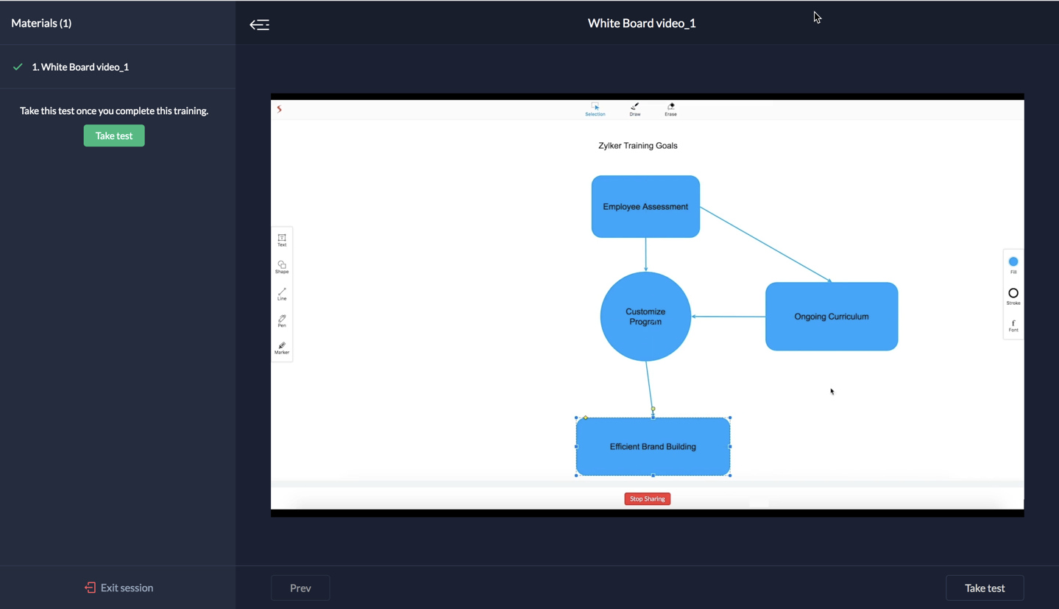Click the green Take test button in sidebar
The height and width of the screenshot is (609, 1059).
coord(114,135)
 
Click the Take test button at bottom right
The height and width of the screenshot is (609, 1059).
coord(984,588)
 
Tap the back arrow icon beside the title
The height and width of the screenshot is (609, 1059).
coord(259,24)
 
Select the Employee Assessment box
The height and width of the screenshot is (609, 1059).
coord(645,206)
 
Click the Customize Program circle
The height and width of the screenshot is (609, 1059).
coord(645,317)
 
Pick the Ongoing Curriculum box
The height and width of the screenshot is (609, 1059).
coord(831,317)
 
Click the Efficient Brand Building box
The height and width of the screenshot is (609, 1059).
coord(653,446)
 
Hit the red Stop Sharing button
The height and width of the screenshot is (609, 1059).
coord(647,499)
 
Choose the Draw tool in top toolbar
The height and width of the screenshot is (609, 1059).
coord(634,109)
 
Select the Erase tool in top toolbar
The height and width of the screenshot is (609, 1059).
coord(670,109)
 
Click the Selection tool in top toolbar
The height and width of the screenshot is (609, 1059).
coord(595,109)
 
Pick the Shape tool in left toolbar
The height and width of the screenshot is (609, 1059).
coord(282,267)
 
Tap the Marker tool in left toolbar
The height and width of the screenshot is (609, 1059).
coord(282,348)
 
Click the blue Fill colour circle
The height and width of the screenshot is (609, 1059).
coord(1013,262)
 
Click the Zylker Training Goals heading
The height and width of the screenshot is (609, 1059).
coord(637,146)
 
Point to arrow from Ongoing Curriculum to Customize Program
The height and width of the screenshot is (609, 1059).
coord(729,317)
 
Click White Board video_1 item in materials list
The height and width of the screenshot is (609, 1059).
coord(80,67)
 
